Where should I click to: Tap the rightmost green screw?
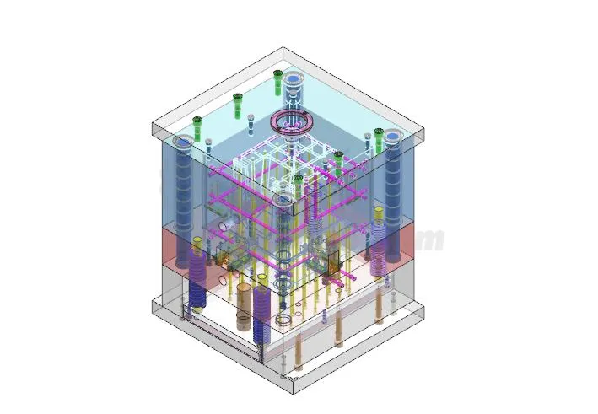click(x=379, y=132)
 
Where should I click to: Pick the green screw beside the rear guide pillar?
click(x=277, y=76)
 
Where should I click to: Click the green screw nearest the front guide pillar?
click(x=298, y=179)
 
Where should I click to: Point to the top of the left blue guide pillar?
click(x=183, y=142)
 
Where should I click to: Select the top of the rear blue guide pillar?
click(x=293, y=80)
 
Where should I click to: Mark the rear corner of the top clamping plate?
click(x=283, y=48)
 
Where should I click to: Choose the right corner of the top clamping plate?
click(x=423, y=133)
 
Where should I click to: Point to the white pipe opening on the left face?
click(x=224, y=226)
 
